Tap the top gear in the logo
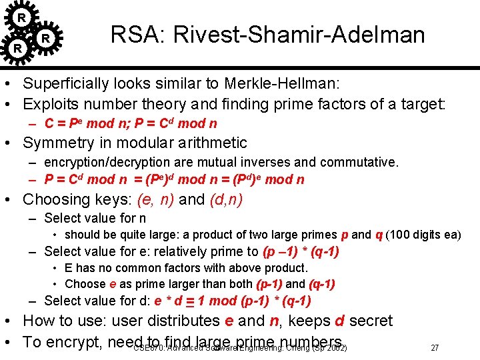point(22,17)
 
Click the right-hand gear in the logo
point(45,38)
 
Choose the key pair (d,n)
point(225,199)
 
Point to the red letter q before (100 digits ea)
point(379,235)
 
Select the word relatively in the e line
point(196,251)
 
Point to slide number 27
point(435,348)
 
